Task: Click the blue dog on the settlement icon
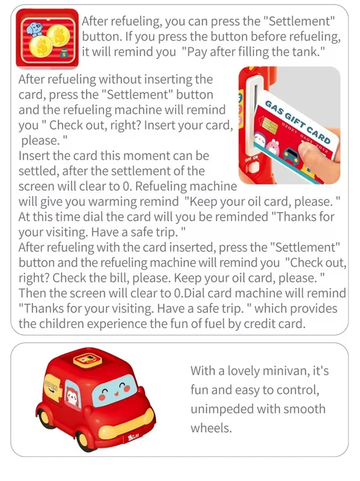33,28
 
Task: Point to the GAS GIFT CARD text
297,121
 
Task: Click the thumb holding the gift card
309,150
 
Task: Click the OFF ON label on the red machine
251,159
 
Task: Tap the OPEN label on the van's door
51,385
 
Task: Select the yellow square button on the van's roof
86,359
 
